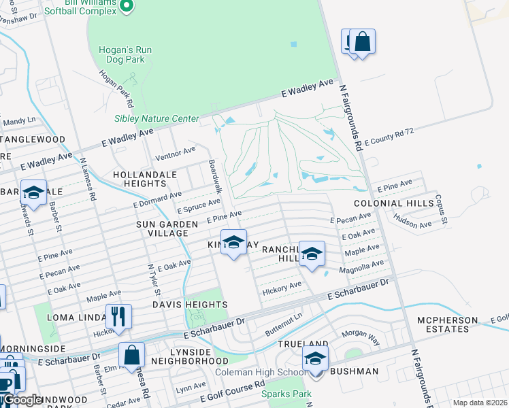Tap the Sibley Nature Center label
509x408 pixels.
156,118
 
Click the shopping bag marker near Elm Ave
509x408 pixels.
131,356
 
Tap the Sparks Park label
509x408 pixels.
291,394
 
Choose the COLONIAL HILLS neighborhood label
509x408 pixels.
393,203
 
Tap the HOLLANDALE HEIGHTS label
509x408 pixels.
145,179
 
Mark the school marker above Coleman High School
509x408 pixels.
315,359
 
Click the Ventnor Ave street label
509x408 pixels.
176,154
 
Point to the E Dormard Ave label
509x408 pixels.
157,199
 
